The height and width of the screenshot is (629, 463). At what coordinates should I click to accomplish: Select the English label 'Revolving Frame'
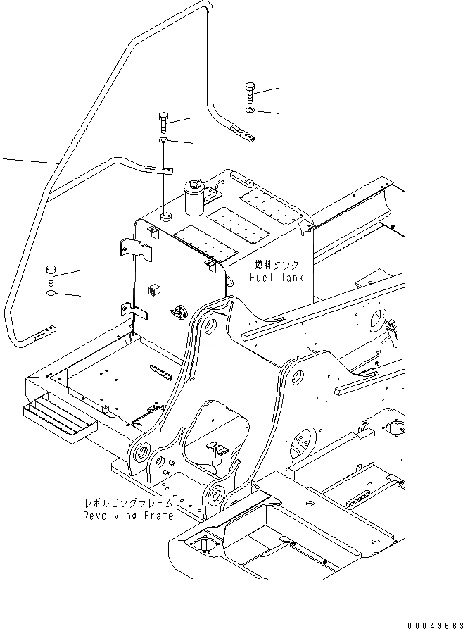(x=127, y=516)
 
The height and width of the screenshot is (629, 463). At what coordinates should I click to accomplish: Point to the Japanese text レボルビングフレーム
(x=129, y=504)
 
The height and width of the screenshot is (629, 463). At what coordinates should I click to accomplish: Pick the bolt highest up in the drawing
(x=250, y=91)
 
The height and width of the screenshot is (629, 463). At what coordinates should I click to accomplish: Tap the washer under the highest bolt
(x=250, y=111)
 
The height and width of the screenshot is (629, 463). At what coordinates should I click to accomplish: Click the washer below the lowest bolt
(x=51, y=292)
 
